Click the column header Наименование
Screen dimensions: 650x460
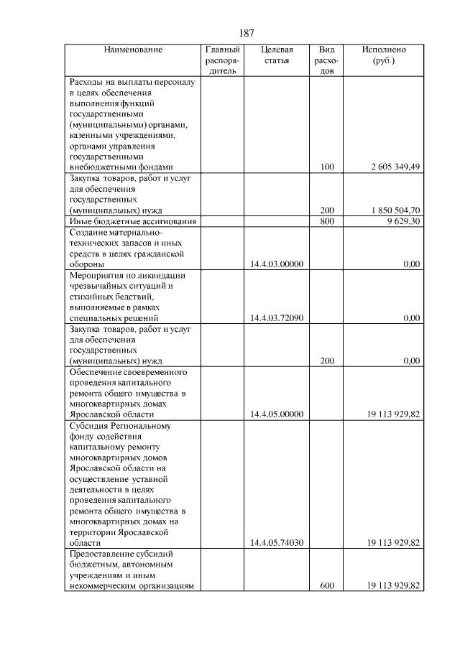coord(133,50)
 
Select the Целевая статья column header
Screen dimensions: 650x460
coord(277,55)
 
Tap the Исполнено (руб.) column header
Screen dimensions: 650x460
coord(384,55)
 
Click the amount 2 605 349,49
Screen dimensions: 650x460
coord(395,167)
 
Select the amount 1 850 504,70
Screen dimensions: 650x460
coord(395,210)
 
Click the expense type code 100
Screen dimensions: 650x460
coord(327,167)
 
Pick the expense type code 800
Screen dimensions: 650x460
coord(327,222)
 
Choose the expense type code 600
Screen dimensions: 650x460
coord(327,586)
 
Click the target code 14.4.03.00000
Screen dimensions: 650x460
coord(277,264)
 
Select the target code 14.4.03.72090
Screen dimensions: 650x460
coord(277,317)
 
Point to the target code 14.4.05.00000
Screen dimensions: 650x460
coord(277,414)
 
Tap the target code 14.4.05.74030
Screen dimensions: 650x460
coord(277,543)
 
